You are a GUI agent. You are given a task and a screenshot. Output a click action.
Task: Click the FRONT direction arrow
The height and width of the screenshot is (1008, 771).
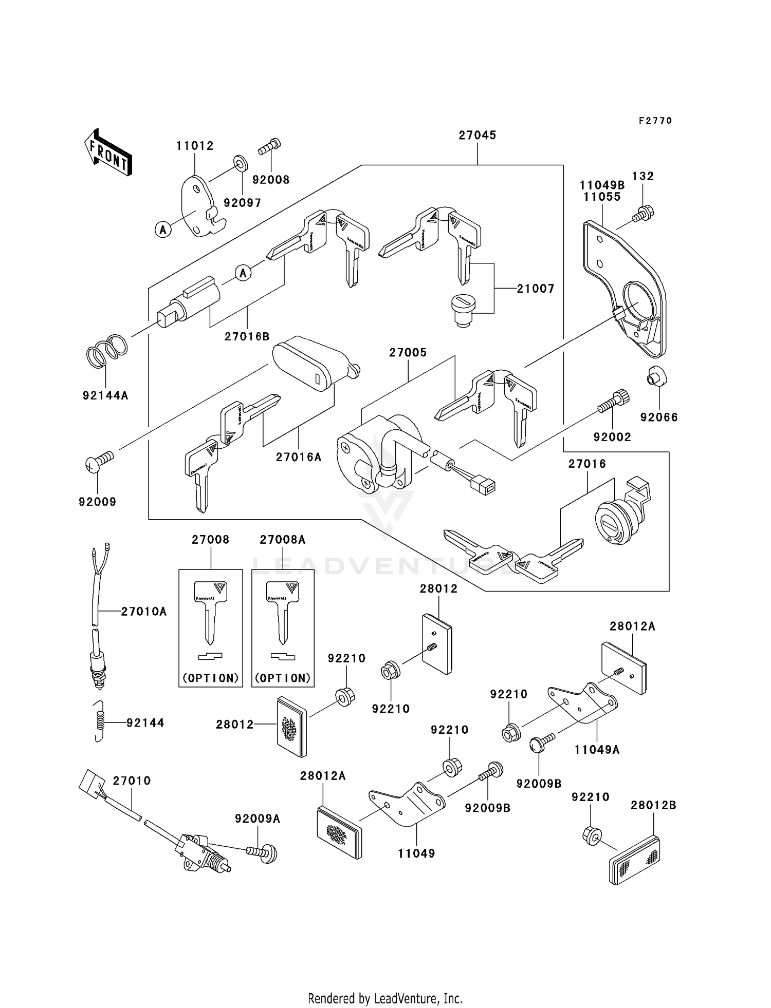coord(107,153)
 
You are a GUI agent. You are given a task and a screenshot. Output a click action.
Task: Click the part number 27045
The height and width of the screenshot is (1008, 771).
coord(477,135)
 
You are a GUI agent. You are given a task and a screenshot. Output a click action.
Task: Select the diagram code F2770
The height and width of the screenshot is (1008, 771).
coord(655,121)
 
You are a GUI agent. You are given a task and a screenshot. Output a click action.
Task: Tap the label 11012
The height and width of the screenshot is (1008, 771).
coord(195,146)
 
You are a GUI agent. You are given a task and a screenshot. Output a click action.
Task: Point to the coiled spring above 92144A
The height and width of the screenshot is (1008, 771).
coord(106,351)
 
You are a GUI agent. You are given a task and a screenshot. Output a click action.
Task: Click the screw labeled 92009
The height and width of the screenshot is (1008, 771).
coord(99,461)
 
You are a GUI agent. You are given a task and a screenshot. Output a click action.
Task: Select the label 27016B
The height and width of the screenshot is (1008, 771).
coord(247,337)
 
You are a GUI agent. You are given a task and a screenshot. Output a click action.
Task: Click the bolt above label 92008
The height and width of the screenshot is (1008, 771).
coord(269,146)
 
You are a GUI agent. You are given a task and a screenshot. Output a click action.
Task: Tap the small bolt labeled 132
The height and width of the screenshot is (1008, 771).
coord(643,213)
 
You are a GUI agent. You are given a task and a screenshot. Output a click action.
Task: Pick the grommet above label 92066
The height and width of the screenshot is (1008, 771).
coord(655,376)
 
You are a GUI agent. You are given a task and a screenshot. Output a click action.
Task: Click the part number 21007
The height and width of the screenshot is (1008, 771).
coord(536,289)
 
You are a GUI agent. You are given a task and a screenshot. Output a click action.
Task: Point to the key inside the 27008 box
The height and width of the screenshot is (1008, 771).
coord(210,611)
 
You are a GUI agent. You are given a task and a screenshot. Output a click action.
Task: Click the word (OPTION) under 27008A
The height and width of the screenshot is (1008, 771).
coord(283,678)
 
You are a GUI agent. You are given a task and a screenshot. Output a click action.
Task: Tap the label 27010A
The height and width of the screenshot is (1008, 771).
coord(144,612)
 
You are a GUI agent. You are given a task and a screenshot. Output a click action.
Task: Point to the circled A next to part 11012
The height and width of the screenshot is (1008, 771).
coord(163,230)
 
